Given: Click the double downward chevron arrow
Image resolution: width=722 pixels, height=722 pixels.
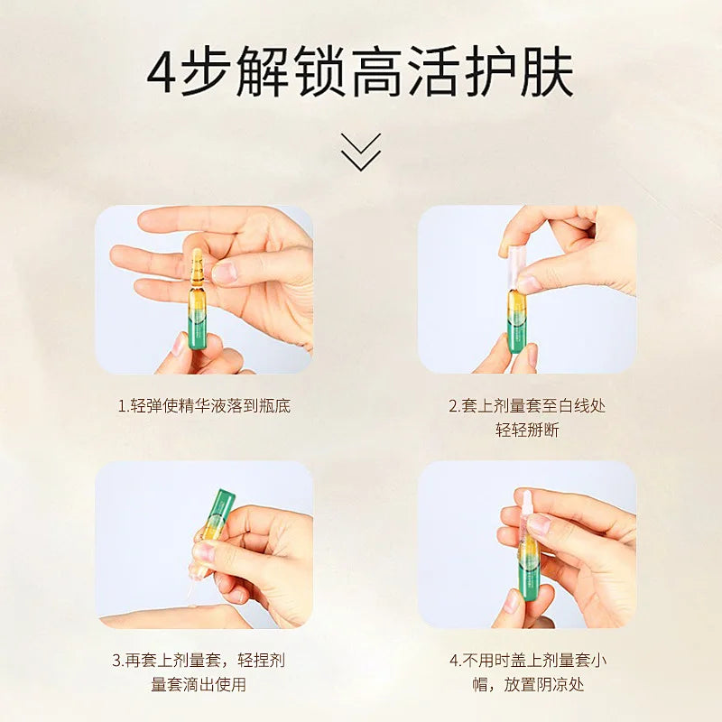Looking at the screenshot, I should [x=361, y=152].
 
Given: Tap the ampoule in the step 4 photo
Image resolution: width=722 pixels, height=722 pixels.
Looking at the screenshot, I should [x=526, y=555].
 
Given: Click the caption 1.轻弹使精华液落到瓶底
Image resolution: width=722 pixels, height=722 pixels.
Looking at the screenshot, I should [x=204, y=405].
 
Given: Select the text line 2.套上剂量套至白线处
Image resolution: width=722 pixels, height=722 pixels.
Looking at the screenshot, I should [x=527, y=405].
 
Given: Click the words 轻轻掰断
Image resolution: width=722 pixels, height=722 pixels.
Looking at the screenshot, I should [x=527, y=430].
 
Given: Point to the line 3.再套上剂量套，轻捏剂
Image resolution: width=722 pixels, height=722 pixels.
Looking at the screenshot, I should [x=204, y=661].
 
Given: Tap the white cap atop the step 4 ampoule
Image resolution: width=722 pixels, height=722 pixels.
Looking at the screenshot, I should [x=525, y=503].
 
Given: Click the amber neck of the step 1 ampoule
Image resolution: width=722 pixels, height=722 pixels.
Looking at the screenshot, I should [x=196, y=266].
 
